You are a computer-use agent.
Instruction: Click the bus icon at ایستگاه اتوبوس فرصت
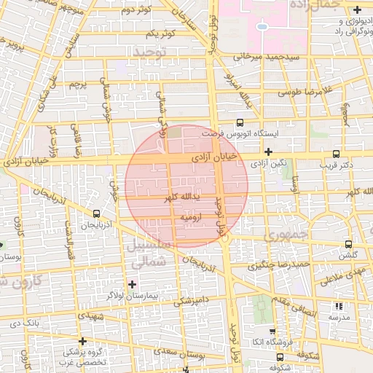click(240, 124)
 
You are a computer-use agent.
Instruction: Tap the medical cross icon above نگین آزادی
click(269, 152)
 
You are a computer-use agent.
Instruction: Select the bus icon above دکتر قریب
click(335, 154)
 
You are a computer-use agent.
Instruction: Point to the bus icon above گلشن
click(348, 245)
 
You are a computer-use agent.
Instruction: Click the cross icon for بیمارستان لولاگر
click(132, 284)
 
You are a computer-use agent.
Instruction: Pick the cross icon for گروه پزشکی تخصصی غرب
click(83, 340)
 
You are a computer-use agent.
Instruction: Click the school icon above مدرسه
click(337, 307)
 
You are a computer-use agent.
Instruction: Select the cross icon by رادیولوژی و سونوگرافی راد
click(356, 10)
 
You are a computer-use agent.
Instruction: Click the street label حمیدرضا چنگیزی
click(280, 264)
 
